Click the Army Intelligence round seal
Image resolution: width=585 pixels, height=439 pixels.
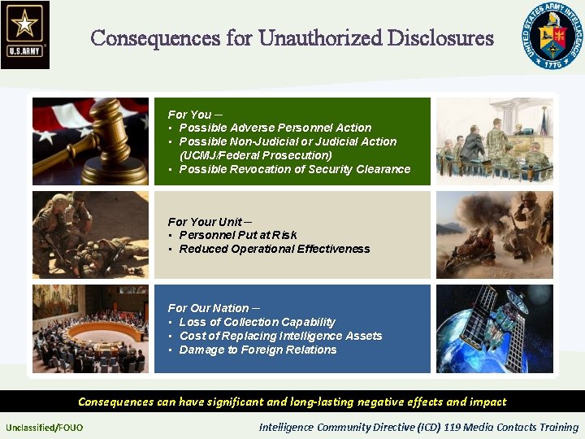click(552, 34)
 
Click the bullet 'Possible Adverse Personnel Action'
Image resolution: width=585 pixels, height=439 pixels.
click(275, 128)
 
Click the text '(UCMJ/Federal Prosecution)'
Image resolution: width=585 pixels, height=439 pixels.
click(255, 155)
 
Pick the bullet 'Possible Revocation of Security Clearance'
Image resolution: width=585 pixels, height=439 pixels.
click(294, 169)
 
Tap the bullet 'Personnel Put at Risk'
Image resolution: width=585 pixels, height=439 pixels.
click(237, 235)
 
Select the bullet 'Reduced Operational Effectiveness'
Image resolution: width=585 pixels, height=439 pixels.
click(274, 249)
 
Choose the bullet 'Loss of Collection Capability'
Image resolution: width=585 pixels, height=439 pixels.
click(257, 322)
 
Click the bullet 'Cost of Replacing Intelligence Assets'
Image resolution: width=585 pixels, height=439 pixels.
click(280, 336)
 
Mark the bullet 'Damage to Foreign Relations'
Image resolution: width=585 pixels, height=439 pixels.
click(258, 350)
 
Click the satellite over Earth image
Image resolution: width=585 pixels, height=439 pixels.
click(494, 328)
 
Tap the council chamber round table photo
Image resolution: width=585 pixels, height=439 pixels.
click(90, 328)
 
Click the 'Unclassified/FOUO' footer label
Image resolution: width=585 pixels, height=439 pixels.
click(44, 428)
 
